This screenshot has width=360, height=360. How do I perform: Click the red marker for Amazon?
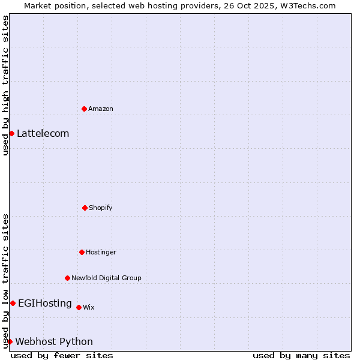[84, 109]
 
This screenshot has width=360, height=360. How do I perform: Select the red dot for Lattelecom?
[11, 133]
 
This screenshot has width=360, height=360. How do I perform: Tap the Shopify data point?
[85, 208]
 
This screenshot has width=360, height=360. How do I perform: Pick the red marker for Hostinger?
[82, 252]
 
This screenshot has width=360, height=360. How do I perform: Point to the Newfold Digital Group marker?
[67, 278]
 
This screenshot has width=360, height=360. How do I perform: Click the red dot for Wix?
[79, 307]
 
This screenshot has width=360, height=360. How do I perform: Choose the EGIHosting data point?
[13, 303]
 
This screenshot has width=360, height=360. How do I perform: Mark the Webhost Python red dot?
[10, 341]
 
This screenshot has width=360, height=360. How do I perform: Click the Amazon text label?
[101, 109]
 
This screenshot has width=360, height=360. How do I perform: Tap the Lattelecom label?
[43, 133]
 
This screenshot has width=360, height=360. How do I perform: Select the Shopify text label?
[101, 208]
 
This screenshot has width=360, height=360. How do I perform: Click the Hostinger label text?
[101, 252]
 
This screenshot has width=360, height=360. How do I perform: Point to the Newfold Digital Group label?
[106, 278]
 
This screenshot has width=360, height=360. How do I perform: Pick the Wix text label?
[89, 307]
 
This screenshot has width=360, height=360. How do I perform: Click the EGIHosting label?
[45, 303]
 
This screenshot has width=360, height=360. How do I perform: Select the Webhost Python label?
[54, 341]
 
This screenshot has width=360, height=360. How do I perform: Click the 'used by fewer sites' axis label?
[62, 355]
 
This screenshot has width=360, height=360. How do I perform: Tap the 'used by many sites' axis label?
[301, 355]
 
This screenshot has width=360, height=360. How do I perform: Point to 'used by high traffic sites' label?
[5, 85]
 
